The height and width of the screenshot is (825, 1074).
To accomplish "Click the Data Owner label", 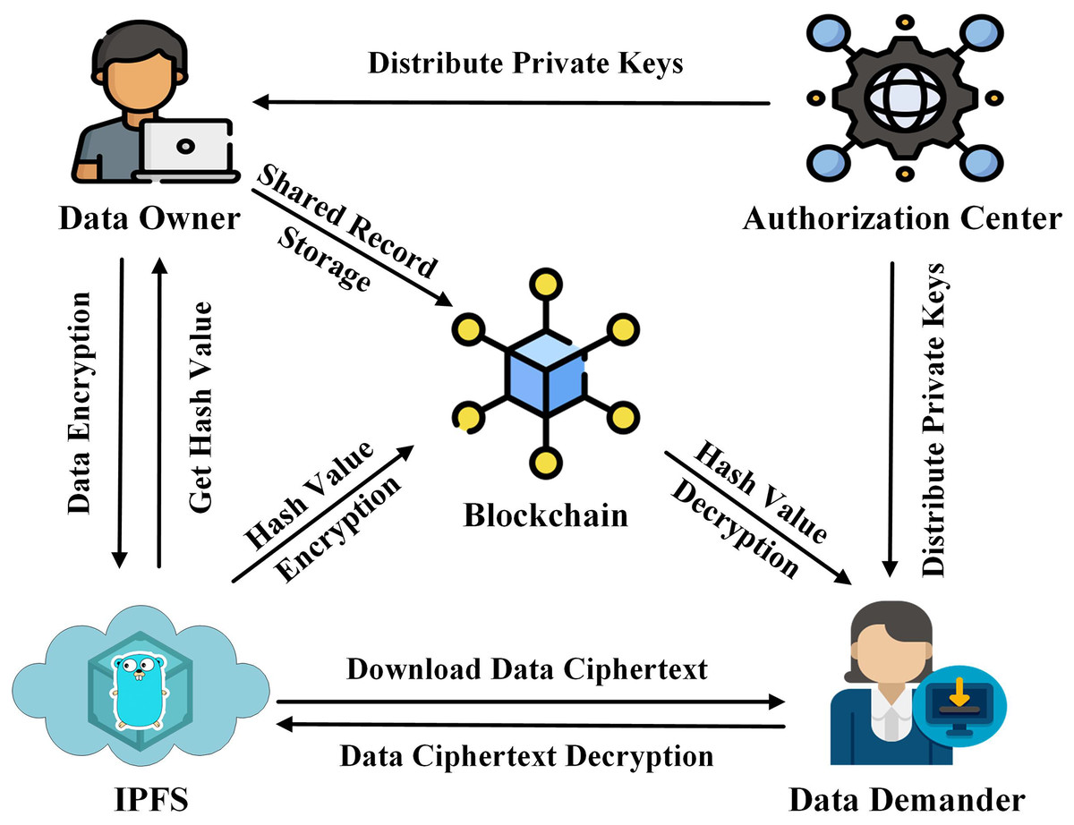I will (149, 218).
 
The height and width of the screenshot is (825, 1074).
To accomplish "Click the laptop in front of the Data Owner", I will (188, 149).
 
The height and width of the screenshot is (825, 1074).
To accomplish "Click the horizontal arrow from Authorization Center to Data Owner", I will (510, 103).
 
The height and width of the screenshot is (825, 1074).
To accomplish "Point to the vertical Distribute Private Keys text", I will (936, 419).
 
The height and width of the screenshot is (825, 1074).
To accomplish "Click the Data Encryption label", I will (81, 401).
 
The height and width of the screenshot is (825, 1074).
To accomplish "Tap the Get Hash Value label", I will (202, 407).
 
